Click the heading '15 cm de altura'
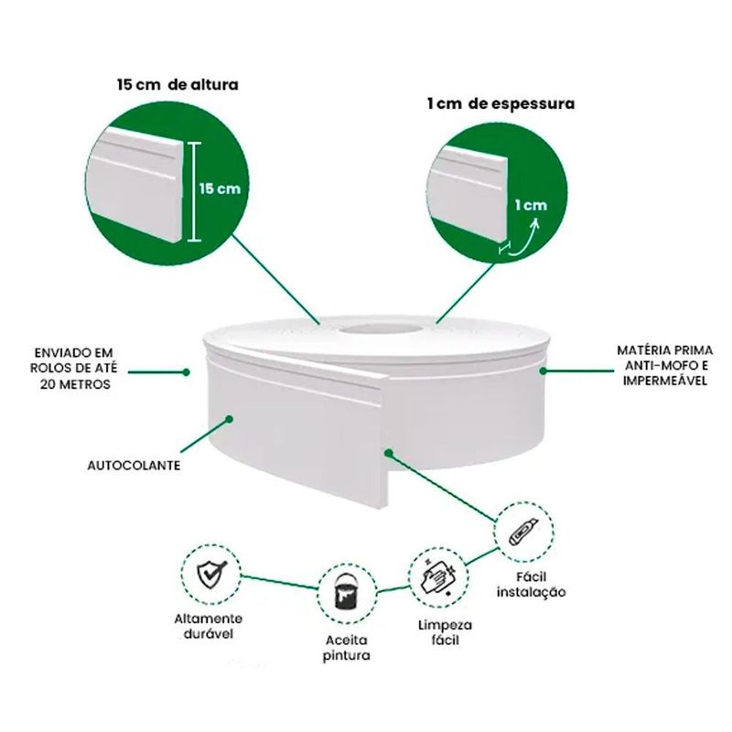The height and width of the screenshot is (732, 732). click(x=178, y=84)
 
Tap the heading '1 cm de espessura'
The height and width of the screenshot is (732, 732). click(x=501, y=103)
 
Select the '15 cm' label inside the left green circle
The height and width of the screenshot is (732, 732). click(x=220, y=188)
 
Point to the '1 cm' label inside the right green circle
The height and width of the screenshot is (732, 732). click(x=531, y=205)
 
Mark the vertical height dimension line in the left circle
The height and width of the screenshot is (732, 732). click(x=194, y=192)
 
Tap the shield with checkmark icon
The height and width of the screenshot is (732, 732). click(x=211, y=574)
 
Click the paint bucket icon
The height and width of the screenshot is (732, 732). click(x=348, y=591)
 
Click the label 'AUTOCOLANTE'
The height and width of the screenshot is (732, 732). click(x=134, y=466)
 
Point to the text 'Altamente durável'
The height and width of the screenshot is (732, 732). click(x=209, y=627)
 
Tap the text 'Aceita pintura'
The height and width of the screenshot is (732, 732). click(x=347, y=648)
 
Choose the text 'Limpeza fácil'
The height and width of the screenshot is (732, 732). click(x=446, y=632)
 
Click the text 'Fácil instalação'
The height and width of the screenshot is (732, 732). click(x=532, y=585)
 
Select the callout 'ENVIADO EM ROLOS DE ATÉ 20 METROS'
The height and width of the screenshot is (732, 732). click(x=74, y=369)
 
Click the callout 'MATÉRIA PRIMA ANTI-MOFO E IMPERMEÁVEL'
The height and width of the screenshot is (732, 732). click(x=665, y=365)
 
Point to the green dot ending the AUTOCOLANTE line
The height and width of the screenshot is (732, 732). click(x=229, y=419)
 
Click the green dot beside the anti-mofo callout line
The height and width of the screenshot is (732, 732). click(x=543, y=371)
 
